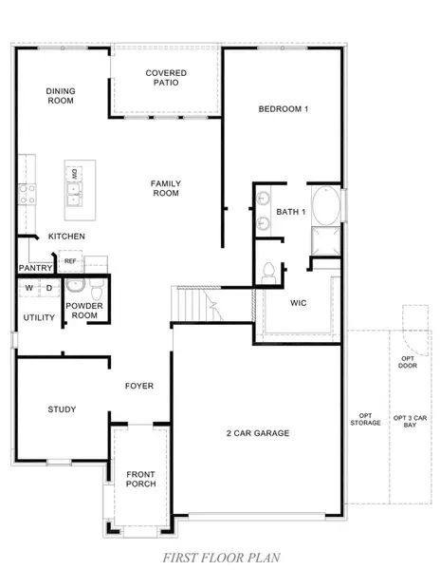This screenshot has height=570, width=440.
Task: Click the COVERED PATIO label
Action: coord(166,78)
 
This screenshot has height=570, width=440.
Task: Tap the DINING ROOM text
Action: coord(61,97)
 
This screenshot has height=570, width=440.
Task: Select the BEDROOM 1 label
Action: coord(283,109)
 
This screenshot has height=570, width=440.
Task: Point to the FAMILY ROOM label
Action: coord(166,188)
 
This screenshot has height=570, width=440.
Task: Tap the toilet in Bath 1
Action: coord(268,271)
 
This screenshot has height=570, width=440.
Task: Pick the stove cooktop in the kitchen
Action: coord(25,194)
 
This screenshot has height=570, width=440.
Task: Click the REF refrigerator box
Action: coord(70,260)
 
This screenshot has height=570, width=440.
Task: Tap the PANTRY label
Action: coord(34,269)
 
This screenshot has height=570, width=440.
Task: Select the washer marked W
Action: coord(29,287)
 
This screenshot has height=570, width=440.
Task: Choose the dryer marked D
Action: coord(47,287)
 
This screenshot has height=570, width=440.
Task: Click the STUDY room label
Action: coord(62,409)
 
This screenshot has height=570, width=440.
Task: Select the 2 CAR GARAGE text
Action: coord(257,433)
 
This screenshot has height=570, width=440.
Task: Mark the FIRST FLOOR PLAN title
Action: coord(219,557)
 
